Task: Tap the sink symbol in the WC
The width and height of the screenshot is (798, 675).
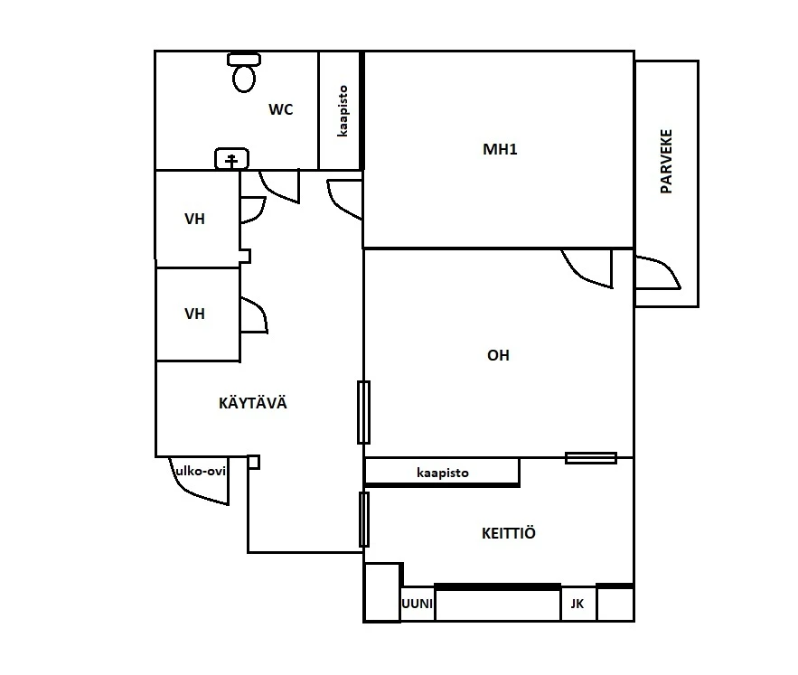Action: (x=232, y=160)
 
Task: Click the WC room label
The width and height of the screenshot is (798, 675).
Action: (x=281, y=110)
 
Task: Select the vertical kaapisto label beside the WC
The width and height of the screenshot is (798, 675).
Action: (x=343, y=111)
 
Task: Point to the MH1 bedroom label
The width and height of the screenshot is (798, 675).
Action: (x=500, y=149)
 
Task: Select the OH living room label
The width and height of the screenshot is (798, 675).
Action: (x=498, y=355)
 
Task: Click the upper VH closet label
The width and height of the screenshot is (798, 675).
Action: (x=194, y=219)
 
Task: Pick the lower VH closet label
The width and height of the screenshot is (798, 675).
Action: (x=194, y=314)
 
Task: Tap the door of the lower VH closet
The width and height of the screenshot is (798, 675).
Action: (x=254, y=316)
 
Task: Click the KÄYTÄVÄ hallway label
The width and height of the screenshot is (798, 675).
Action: (x=253, y=403)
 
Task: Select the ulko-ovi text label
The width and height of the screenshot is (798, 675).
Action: (x=200, y=470)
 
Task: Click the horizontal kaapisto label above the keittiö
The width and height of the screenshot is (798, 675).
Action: (x=442, y=473)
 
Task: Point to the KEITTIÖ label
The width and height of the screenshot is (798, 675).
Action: (x=509, y=533)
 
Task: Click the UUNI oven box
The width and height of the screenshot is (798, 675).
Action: (x=417, y=604)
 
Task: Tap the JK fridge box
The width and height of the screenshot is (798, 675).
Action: (x=577, y=604)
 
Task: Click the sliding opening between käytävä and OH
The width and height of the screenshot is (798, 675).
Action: (x=363, y=412)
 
